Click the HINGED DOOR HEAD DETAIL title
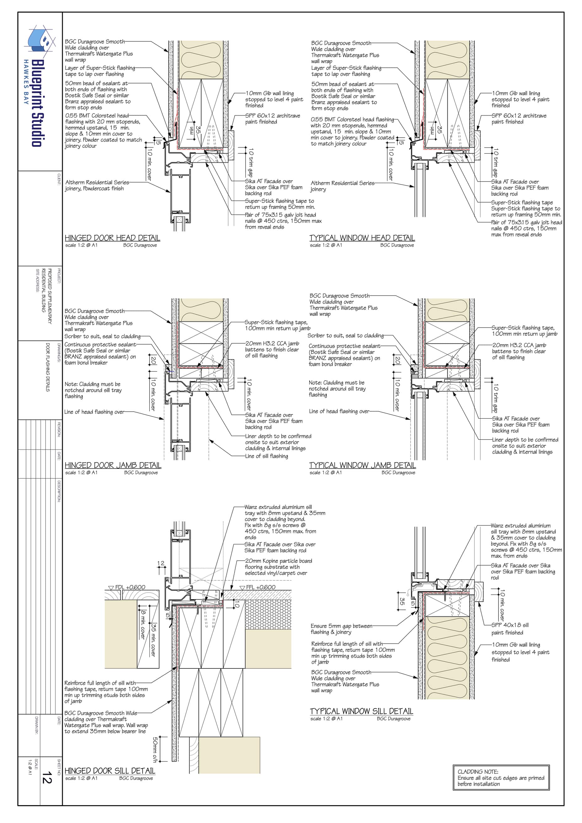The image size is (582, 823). [x=112, y=238]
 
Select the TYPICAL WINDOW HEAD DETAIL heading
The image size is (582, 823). [x=362, y=238]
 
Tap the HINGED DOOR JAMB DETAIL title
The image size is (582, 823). [x=113, y=465]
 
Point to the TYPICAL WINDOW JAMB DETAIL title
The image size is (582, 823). [x=362, y=465]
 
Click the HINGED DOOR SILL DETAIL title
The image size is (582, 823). [x=110, y=771]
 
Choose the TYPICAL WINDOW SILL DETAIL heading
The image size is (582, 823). [x=361, y=711]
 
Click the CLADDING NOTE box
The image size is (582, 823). [x=501, y=778]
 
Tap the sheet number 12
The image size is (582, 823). [x=47, y=778]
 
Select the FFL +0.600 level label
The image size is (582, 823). [x=258, y=587]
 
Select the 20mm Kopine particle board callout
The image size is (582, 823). [x=278, y=567]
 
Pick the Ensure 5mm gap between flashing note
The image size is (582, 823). [x=341, y=629]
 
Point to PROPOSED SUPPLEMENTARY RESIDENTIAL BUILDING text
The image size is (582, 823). [x=47, y=296]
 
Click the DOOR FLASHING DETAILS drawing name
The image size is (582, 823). [x=47, y=367]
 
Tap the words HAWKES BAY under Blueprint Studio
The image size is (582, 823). [x=26, y=82]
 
